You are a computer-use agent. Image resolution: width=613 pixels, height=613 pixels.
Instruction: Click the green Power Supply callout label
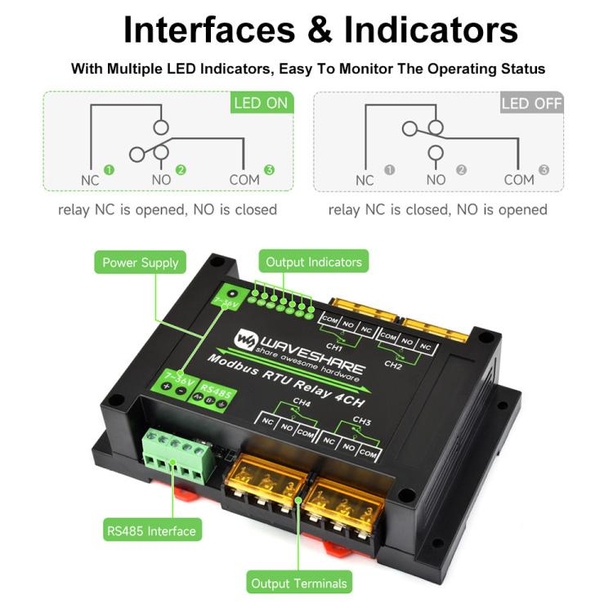point(140,262)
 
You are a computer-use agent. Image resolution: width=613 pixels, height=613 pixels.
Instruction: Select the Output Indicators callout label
point(313,262)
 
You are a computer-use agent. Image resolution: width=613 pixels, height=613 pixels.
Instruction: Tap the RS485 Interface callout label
point(151,530)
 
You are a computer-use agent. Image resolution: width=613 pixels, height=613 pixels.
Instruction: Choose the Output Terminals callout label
point(299,583)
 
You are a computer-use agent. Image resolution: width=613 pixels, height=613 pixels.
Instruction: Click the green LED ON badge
point(261,103)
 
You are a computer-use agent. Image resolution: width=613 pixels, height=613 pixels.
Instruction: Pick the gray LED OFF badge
point(531,103)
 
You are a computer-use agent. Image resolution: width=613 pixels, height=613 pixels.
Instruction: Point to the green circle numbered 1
point(110,170)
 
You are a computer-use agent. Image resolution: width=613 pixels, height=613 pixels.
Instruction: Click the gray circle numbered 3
point(544,170)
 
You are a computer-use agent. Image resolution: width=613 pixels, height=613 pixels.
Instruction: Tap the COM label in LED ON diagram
point(244,179)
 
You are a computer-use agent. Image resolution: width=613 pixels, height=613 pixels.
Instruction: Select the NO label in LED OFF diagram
point(436,179)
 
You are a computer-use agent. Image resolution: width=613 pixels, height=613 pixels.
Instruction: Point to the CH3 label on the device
point(362,422)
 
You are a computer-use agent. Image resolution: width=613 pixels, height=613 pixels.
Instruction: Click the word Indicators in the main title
point(431,30)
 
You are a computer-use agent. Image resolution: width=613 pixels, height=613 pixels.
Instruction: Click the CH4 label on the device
point(302,401)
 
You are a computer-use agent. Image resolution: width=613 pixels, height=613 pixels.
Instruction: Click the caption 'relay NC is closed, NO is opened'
point(437,210)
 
